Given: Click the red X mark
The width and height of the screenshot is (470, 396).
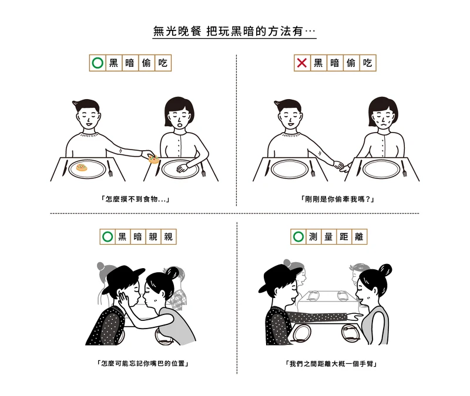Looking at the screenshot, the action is click(301, 63).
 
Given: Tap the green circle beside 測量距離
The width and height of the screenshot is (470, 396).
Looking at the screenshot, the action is click(298, 237).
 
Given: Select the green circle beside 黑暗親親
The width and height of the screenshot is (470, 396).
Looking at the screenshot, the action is click(108, 237).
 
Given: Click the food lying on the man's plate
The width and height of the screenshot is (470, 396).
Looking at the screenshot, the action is click(82, 167).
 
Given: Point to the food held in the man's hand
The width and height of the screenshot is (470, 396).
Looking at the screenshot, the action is click(154, 159).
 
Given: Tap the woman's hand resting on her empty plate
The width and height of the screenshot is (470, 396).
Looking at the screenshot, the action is click(182, 169).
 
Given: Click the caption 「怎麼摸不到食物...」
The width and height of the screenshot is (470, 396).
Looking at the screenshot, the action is click(135, 199).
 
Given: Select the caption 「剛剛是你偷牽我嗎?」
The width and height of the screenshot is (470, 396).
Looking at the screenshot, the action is click(337, 199).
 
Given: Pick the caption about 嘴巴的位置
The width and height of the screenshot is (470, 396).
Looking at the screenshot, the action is click(143, 364).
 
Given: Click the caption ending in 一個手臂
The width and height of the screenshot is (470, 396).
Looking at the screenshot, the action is click(331, 364).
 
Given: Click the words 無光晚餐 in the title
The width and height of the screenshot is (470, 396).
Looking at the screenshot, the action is click(177, 31).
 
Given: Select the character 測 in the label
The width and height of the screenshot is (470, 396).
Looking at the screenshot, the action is click(313, 237).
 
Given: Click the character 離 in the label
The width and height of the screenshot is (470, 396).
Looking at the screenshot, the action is click(359, 237).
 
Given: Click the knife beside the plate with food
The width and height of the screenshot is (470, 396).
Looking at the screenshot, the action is click(65, 168).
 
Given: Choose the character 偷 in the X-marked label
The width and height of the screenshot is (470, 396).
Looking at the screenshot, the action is click(351, 63).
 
